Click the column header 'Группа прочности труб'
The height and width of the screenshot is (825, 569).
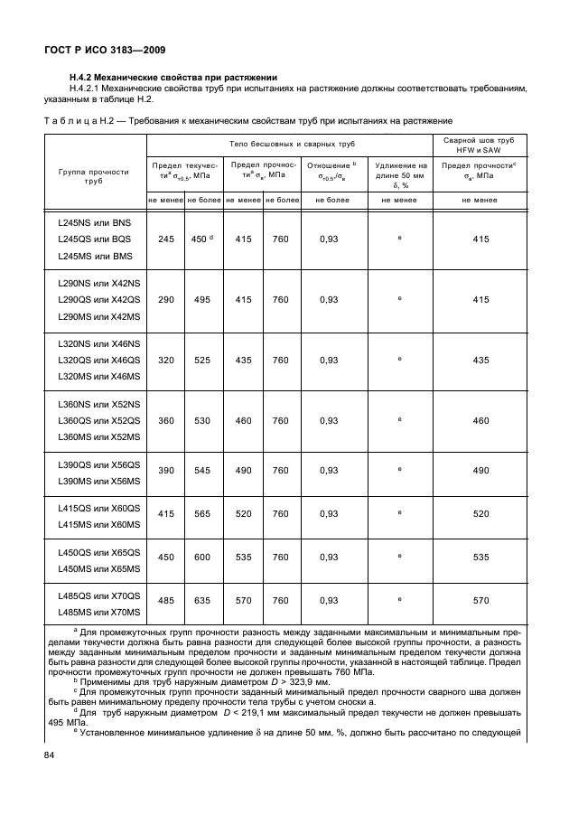click(94, 175)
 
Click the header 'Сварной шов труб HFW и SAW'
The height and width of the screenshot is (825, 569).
click(480, 145)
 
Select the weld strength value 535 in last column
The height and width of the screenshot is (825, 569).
click(480, 557)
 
